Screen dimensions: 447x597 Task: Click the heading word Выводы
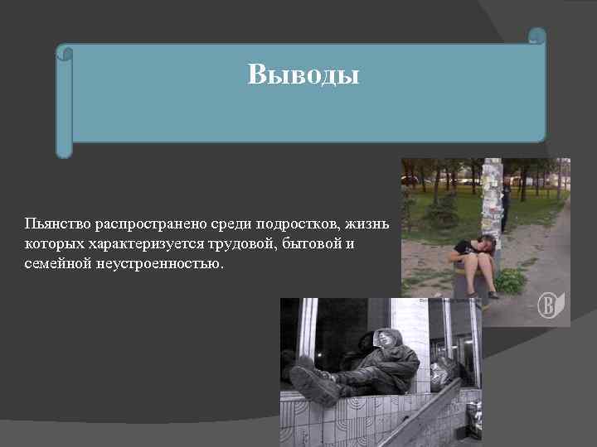pos(303,75)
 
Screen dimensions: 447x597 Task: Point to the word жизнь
pos(377,225)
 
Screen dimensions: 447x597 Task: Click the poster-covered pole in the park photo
pos(491,199)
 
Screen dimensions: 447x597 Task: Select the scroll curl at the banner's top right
pos(537,37)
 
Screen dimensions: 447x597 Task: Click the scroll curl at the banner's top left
pos(64,53)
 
